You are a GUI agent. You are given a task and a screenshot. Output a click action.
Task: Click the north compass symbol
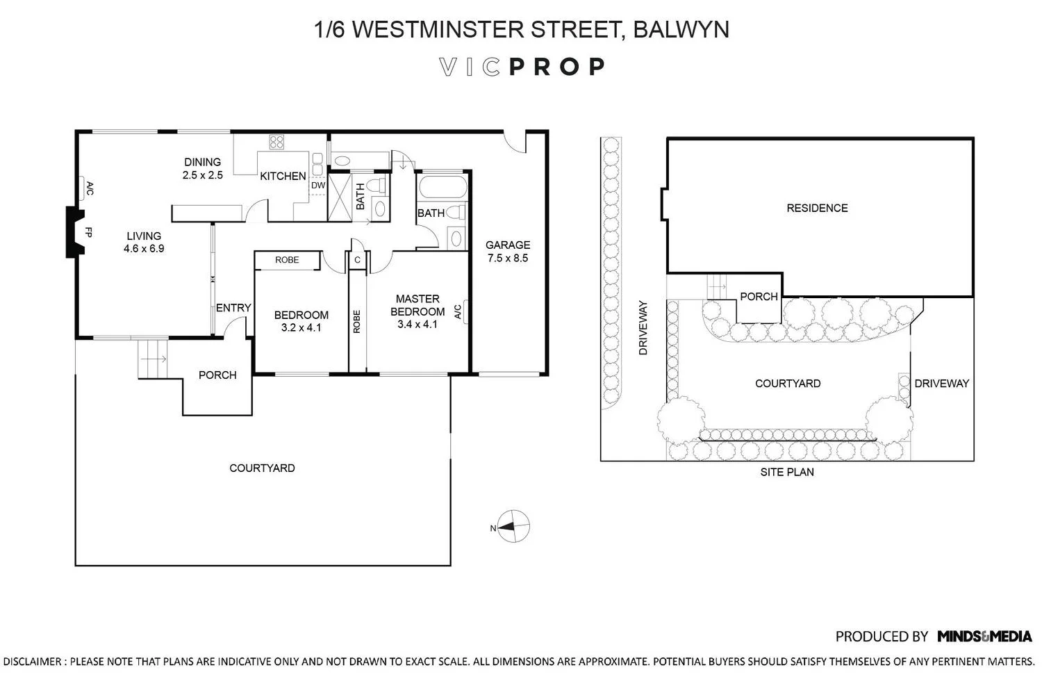513,527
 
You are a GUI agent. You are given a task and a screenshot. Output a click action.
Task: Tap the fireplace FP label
89,232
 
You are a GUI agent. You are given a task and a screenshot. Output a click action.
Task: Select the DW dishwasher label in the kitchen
318,186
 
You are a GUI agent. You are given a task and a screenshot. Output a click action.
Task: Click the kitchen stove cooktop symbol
276,142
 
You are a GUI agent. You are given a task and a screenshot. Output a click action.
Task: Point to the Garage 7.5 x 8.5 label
508,252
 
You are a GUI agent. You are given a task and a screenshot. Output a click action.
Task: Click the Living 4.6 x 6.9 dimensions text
144,249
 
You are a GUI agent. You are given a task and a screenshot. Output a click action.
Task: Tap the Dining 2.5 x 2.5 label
202,168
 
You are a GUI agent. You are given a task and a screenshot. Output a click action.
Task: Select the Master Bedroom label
417,305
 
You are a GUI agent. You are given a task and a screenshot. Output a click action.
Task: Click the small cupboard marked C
357,260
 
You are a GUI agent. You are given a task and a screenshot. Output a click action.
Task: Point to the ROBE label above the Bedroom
287,260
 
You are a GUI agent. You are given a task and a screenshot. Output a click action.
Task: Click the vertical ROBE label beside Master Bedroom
357,322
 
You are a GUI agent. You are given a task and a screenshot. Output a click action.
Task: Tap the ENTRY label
233,308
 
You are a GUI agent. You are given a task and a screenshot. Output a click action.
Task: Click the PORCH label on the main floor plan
217,375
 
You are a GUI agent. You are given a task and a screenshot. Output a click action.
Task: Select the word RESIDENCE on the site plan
817,208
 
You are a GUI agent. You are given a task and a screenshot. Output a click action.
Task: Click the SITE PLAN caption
787,472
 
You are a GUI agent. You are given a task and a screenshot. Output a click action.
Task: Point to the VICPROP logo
522,67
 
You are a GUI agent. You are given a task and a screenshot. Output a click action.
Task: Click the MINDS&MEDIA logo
984,637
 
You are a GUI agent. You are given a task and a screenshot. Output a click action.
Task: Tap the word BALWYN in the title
681,29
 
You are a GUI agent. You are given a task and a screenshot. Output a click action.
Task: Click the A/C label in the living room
90,189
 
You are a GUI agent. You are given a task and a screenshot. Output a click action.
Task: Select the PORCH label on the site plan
759,297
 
